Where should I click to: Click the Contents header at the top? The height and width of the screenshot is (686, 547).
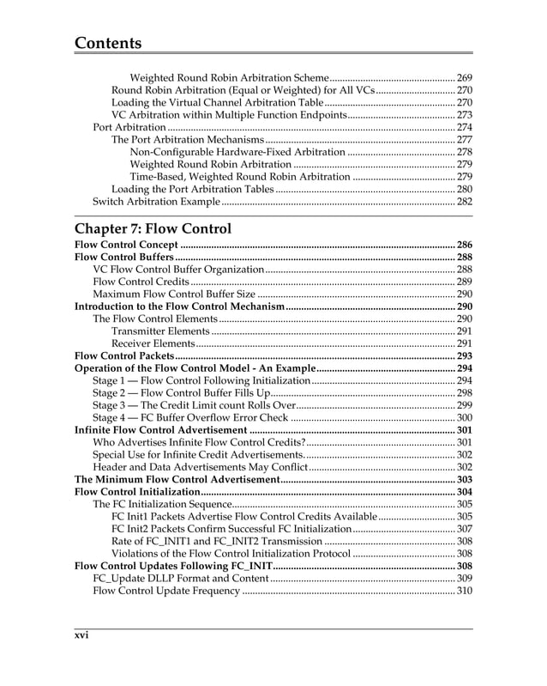coord(108,43)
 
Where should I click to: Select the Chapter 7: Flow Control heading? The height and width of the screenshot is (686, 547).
coord(153,228)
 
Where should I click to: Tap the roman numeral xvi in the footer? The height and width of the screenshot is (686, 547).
coord(81,635)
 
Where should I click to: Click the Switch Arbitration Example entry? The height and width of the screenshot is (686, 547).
coord(156,202)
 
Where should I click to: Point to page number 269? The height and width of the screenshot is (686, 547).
coord(465,77)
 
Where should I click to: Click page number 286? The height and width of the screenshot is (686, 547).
coord(465,244)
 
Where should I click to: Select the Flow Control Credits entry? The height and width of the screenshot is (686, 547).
coord(141,281)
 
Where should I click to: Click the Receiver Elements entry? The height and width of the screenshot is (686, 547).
coord(153,343)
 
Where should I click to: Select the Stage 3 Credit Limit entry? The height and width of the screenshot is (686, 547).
coord(195,405)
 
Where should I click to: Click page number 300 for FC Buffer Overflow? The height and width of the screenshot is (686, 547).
coord(465,417)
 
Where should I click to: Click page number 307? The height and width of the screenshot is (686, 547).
coord(465,529)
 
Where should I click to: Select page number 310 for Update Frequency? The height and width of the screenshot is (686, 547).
coord(465,591)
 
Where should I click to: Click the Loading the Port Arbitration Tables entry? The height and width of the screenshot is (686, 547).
coord(193,189)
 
